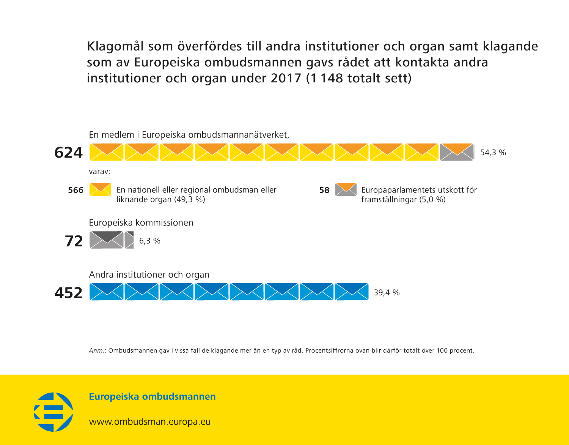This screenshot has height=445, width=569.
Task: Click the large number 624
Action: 68,153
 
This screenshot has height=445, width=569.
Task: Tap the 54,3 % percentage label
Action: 493,153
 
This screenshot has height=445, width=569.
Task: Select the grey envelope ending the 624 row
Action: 457,152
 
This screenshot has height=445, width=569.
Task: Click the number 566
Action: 75,190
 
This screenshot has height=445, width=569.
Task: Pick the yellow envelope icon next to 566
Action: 100,189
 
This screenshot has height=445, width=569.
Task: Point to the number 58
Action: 324,190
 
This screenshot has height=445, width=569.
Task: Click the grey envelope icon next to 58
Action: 346,189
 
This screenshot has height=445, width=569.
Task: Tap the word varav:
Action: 99,172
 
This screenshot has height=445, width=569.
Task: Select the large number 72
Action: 74,241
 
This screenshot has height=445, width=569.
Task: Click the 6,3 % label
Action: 149,241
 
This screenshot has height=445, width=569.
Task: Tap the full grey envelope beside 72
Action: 107,240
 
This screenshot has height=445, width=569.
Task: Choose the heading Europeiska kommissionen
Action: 141,222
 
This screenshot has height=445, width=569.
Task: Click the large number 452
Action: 68,293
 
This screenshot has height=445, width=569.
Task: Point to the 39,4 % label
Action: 387,292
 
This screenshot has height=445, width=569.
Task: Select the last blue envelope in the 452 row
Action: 351,292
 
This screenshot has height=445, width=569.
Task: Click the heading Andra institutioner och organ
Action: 149,275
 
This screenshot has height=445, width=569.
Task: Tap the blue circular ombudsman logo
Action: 53,412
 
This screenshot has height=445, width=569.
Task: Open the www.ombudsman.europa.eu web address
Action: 149,421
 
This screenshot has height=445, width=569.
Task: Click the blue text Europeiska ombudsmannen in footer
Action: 152,396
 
